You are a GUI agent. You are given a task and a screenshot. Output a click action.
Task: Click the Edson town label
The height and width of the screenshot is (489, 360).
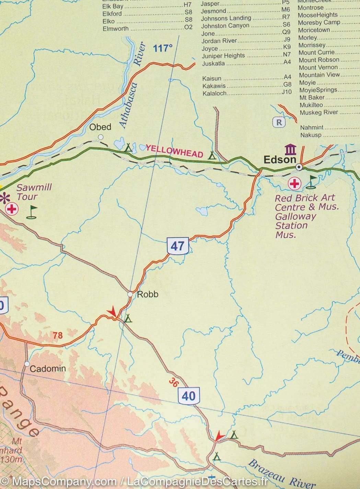point(280,160)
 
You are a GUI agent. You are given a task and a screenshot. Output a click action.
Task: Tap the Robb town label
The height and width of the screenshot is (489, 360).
point(148,294)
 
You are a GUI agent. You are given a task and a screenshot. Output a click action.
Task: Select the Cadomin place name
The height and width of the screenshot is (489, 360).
point(48,369)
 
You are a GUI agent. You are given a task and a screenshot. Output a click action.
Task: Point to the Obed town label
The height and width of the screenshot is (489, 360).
point(100,127)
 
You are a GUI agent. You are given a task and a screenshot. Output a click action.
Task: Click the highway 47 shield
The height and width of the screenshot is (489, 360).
point(177,246)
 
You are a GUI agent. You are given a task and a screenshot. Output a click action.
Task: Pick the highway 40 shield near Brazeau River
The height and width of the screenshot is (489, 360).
point(188,396)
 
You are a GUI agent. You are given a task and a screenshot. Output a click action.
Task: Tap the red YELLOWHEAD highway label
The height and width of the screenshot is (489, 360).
point(174,151)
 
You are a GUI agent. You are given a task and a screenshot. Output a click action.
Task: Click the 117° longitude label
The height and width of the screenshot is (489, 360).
point(162,48)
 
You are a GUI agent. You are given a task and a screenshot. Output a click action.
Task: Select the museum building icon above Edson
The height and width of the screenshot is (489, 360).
point(290,149)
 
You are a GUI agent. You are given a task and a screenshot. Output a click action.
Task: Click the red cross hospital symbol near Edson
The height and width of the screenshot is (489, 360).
point(294,184)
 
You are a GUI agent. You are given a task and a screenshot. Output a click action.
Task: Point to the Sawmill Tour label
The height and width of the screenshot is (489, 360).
point(34,192)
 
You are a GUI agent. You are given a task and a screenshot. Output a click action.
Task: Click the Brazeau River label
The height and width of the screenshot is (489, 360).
point(281,475)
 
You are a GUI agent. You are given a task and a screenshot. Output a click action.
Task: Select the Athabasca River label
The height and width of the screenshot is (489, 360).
point(132,86)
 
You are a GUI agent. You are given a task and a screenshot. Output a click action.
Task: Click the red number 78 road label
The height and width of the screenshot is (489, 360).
point(58,335)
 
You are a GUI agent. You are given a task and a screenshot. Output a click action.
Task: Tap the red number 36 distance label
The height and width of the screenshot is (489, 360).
point(174,382)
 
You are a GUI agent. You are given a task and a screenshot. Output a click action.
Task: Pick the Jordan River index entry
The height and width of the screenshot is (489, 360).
point(219,41)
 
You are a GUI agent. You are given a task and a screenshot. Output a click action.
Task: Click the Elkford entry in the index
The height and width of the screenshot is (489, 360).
point(112,14)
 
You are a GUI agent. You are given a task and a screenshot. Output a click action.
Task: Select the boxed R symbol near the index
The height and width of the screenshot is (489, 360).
point(279,122)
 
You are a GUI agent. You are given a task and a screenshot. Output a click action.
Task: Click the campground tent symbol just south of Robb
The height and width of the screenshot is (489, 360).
point(128,318)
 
